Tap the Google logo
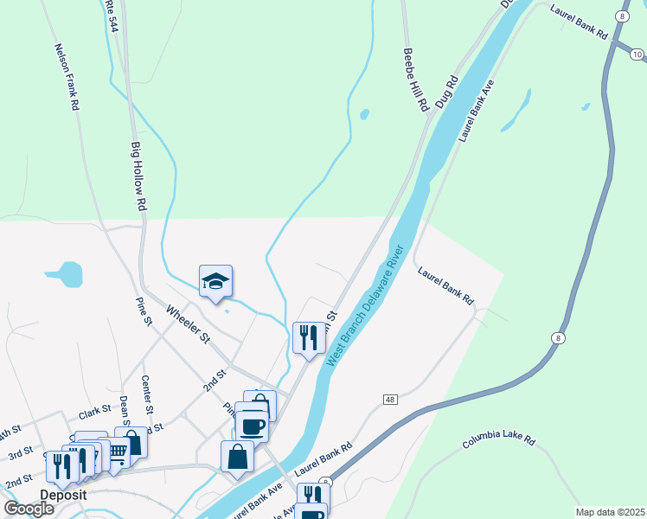(x=29, y=509)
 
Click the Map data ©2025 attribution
(x=609, y=512)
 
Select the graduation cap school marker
(x=215, y=282)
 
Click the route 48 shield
(x=391, y=400)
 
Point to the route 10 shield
(x=637, y=54)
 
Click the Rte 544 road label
(x=110, y=16)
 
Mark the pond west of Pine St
(x=65, y=275)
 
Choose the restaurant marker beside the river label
(x=309, y=337)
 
